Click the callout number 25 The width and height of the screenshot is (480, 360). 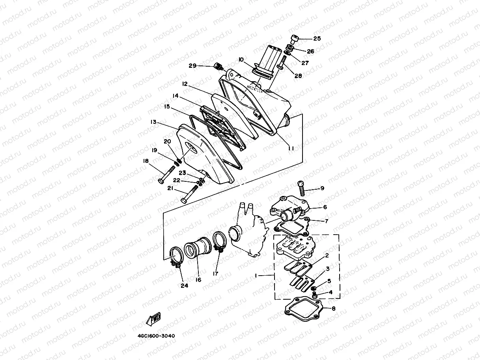[x=317, y=39]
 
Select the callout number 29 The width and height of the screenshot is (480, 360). [x=192, y=66]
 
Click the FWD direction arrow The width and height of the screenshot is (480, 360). [x=153, y=319]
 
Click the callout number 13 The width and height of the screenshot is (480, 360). [x=154, y=122]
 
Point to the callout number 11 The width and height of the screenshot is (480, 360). [x=291, y=148]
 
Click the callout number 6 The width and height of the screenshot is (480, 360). [x=325, y=207]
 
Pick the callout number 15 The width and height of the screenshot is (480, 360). [x=167, y=106]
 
